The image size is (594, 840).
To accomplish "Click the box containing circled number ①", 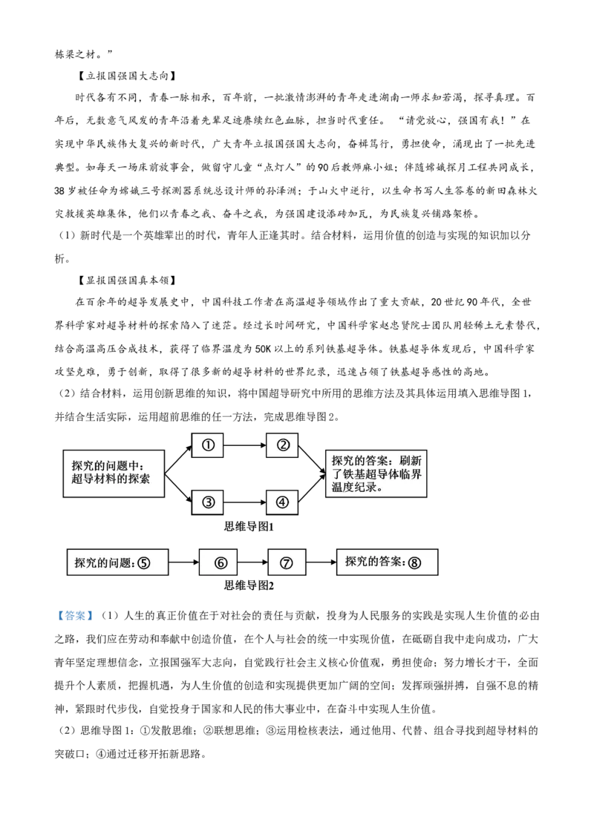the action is tap(208, 445).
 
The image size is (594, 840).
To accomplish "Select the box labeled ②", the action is tap(283, 445).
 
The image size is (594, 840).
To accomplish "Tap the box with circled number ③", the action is tap(208, 502).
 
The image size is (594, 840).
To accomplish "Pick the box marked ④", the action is tap(282, 502).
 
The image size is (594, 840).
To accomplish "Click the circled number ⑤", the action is tap(143, 563).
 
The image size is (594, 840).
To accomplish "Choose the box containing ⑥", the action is tap(220, 563).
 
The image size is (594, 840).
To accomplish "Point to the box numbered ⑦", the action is tap(287, 563).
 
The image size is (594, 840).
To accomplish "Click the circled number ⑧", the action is tap(414, 563).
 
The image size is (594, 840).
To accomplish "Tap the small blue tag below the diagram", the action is tap(74, 614).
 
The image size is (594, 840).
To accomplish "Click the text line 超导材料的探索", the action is tap(111, 479).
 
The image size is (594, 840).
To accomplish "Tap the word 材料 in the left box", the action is tap(104, 479).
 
